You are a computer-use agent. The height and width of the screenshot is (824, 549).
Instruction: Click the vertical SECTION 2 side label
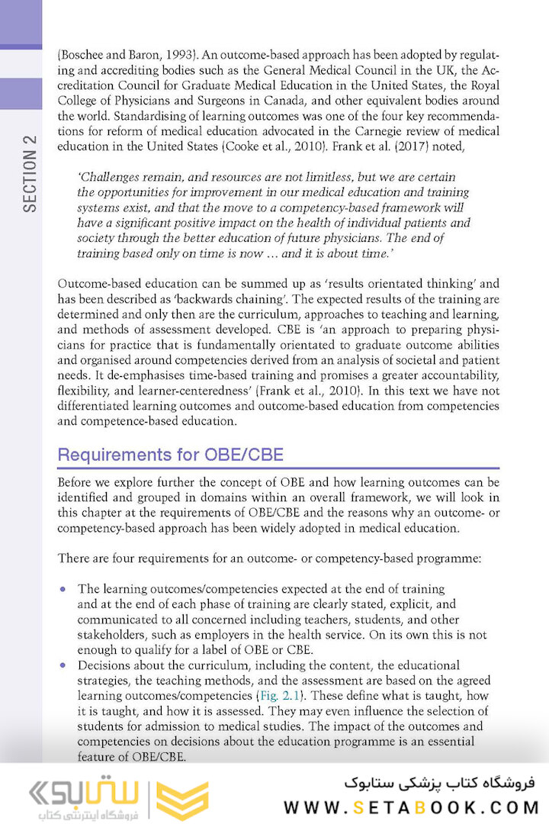pyautogui.click(x=29, y=173)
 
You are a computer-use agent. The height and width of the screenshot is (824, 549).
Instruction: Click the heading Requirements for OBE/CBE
pyautogui.click(x=170, y=455)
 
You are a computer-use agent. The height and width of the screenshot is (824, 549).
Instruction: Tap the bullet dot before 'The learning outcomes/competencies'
pyautogui.click(x=63, y=589)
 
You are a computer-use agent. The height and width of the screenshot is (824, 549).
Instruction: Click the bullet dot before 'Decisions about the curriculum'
pyautogui.click(x=63, y=665)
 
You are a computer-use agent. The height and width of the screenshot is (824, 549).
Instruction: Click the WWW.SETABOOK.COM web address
pyautogui.click(x=411, y=807)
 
